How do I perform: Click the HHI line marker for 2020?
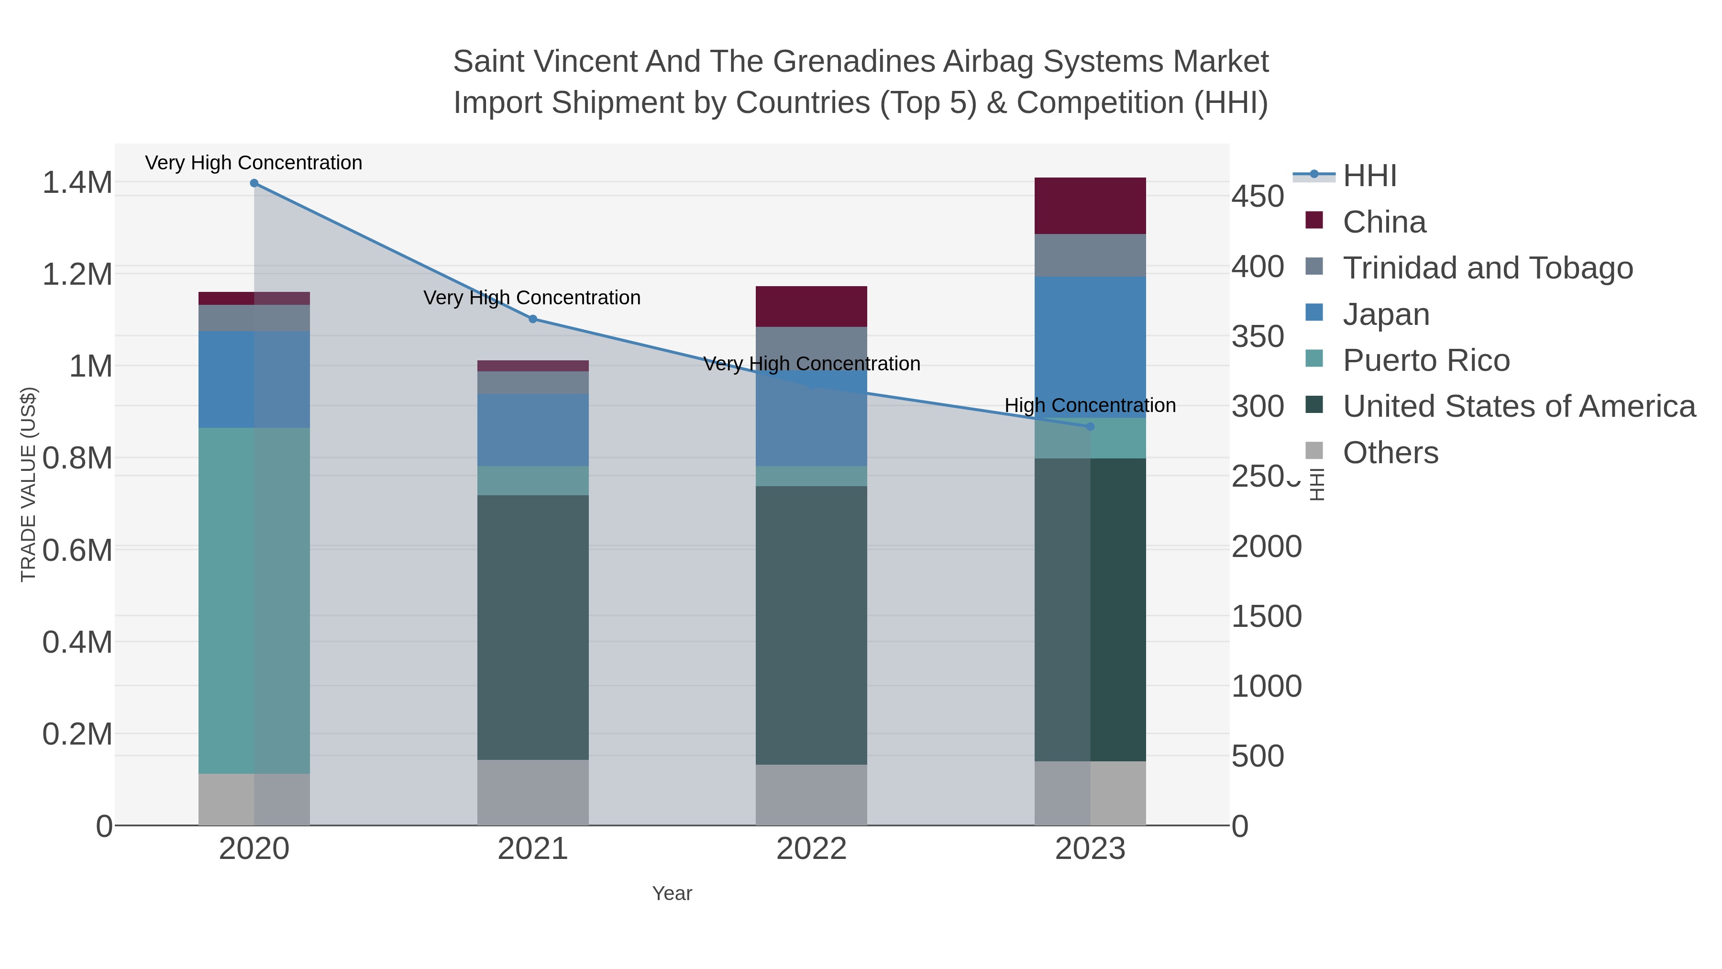tap(254, 183)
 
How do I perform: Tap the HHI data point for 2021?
tap(533, 319)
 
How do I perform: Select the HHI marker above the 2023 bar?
tap(1090, 427)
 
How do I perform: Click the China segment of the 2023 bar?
tap(1090, 205)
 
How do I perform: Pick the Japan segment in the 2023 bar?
tap(1090, 346)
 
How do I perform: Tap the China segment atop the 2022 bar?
tap(811, 306)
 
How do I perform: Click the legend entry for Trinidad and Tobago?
tap(1487, 268)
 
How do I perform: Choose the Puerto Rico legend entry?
tap(1426, 360)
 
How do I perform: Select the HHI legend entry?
tap(1369, 176)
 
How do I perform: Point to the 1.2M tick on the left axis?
tap(77, 274)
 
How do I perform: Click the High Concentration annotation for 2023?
tap(1090, 405)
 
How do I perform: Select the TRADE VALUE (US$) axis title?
tap(29, 484)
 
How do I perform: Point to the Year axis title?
tap(672, 893)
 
